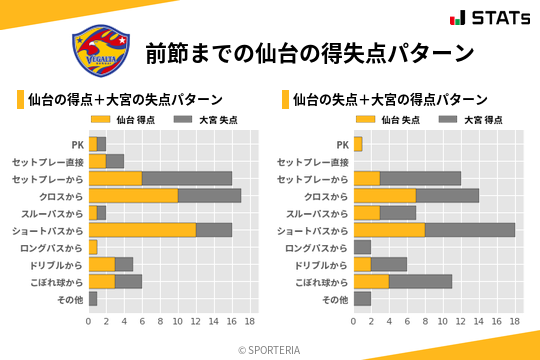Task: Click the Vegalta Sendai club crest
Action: point(100,51)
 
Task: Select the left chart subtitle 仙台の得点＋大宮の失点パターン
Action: point(125,100)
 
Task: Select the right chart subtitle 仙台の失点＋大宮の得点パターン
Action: point(390,100)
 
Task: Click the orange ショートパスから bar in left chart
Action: point(142,230)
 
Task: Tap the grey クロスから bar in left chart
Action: point(209,195)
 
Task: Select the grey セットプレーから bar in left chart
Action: point(187,178)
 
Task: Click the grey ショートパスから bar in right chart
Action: point(470,230)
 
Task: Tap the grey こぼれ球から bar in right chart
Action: point(420,282)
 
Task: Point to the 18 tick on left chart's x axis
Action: point(250,322)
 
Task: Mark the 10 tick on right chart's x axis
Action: point(443,322)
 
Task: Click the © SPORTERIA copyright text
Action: point(270,350)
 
